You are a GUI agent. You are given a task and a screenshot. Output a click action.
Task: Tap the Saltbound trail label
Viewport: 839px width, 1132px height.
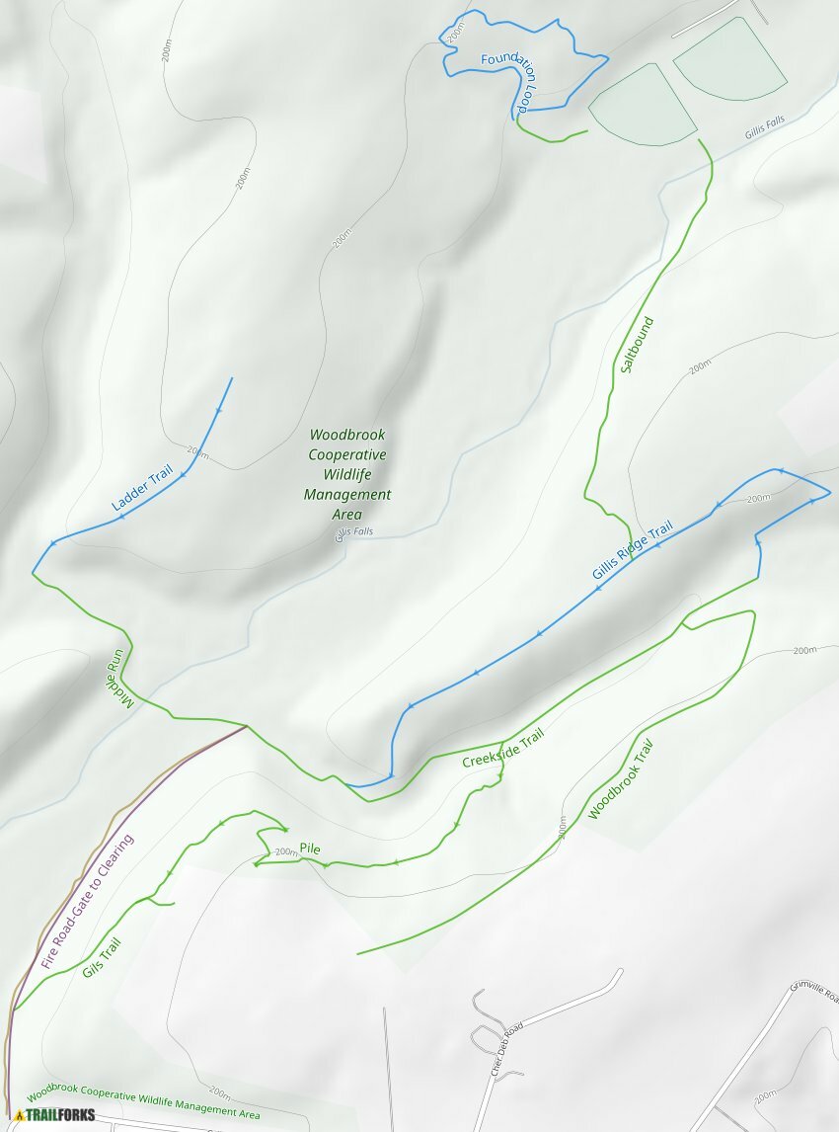(638, 345)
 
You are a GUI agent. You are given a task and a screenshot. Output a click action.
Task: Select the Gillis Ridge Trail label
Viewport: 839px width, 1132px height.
(633, 550)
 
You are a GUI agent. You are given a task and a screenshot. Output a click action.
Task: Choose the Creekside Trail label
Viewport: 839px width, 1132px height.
(503, 749)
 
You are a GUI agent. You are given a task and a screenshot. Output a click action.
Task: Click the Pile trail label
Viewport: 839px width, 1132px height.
(310, 849)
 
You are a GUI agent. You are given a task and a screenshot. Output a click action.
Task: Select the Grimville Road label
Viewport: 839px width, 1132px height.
(813, 1000)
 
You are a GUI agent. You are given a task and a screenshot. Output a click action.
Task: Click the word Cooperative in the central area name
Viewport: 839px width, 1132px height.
(347, 454)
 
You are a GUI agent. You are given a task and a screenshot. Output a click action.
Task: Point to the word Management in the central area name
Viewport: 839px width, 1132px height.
(347, 494)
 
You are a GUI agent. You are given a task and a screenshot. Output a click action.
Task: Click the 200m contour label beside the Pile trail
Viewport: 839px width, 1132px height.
(286, 852)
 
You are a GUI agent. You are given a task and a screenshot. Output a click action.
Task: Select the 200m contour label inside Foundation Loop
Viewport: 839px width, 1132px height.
(455, 32)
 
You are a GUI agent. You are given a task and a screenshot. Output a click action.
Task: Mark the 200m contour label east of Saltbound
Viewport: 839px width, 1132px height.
(700, 367)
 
